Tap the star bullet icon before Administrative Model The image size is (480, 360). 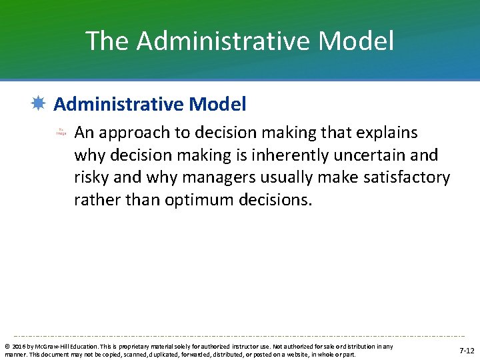(39, 104)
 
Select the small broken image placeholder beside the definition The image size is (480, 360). (61, 132)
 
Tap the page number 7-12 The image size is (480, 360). (467, 350)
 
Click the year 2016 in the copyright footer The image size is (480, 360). (18, 347)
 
